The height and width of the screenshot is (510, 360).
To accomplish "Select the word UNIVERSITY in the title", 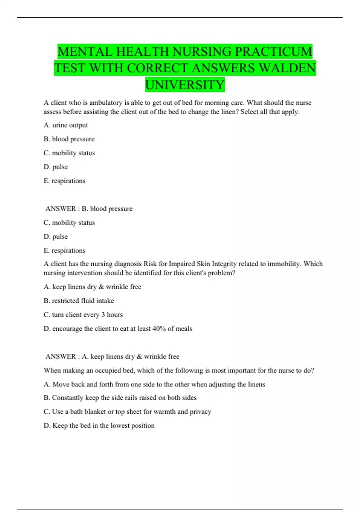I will [x=185, y=85].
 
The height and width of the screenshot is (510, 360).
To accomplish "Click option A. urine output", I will [x=66, y=125].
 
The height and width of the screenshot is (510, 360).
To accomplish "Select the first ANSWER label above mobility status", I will [x=61, y=209].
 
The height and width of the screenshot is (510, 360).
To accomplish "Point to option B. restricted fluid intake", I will [x=79, y=301].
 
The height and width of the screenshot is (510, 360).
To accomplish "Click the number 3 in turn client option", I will [x=103, y=315].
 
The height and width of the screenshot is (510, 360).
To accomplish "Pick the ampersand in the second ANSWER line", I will [x=139, y=356].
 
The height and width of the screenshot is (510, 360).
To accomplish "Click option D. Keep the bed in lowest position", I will [x=99, y=425].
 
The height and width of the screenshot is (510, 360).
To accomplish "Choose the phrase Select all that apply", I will [x=270, y=112].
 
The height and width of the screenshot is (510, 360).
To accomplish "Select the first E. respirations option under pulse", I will [x=64, y=181].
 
